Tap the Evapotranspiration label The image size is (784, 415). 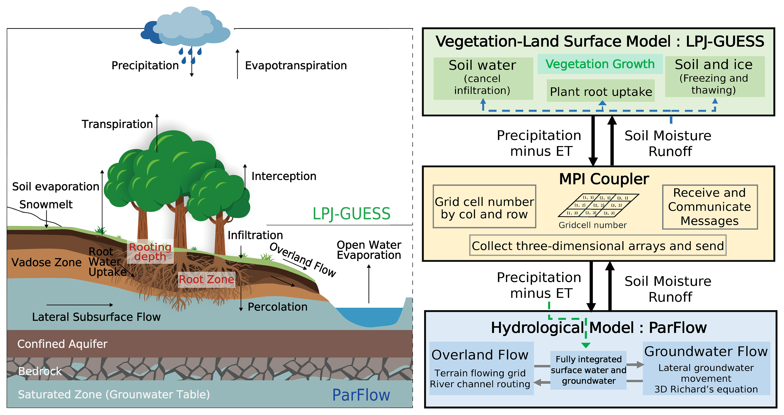[x=296, y=65]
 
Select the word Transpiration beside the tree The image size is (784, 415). [x=117, y=124]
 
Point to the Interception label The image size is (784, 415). [x=284, y=176]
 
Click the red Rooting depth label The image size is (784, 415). [x=150, y=252]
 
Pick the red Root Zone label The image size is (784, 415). [x=206, y=279]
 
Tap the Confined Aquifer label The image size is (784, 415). [x=62, y=344]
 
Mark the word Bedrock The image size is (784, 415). [x=40, y=371]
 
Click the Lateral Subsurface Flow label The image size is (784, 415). [x=96, y=317]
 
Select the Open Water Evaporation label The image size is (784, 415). [x=369, y=250]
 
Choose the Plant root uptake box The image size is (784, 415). [x=601, y=91]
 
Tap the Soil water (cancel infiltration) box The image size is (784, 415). [x=483, y=78]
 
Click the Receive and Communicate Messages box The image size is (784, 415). [x=709, y=207]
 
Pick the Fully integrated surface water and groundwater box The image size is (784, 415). [x=588, y=370]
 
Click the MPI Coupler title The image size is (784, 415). [x=604, y=179]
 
